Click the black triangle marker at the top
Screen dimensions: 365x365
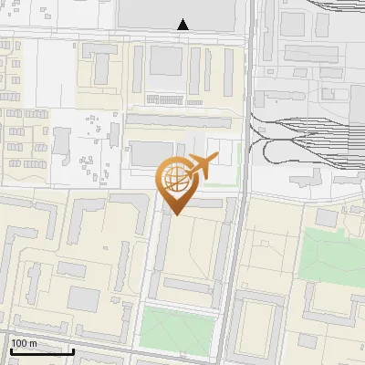coord(183,25)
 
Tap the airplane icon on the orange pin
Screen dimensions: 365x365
coord(200,167)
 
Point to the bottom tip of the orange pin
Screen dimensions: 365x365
coord(176,215)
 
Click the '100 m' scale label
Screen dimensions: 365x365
coord(25,343)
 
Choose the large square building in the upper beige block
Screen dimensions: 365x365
coord(166,60)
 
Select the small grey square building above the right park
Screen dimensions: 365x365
coord(327,218)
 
